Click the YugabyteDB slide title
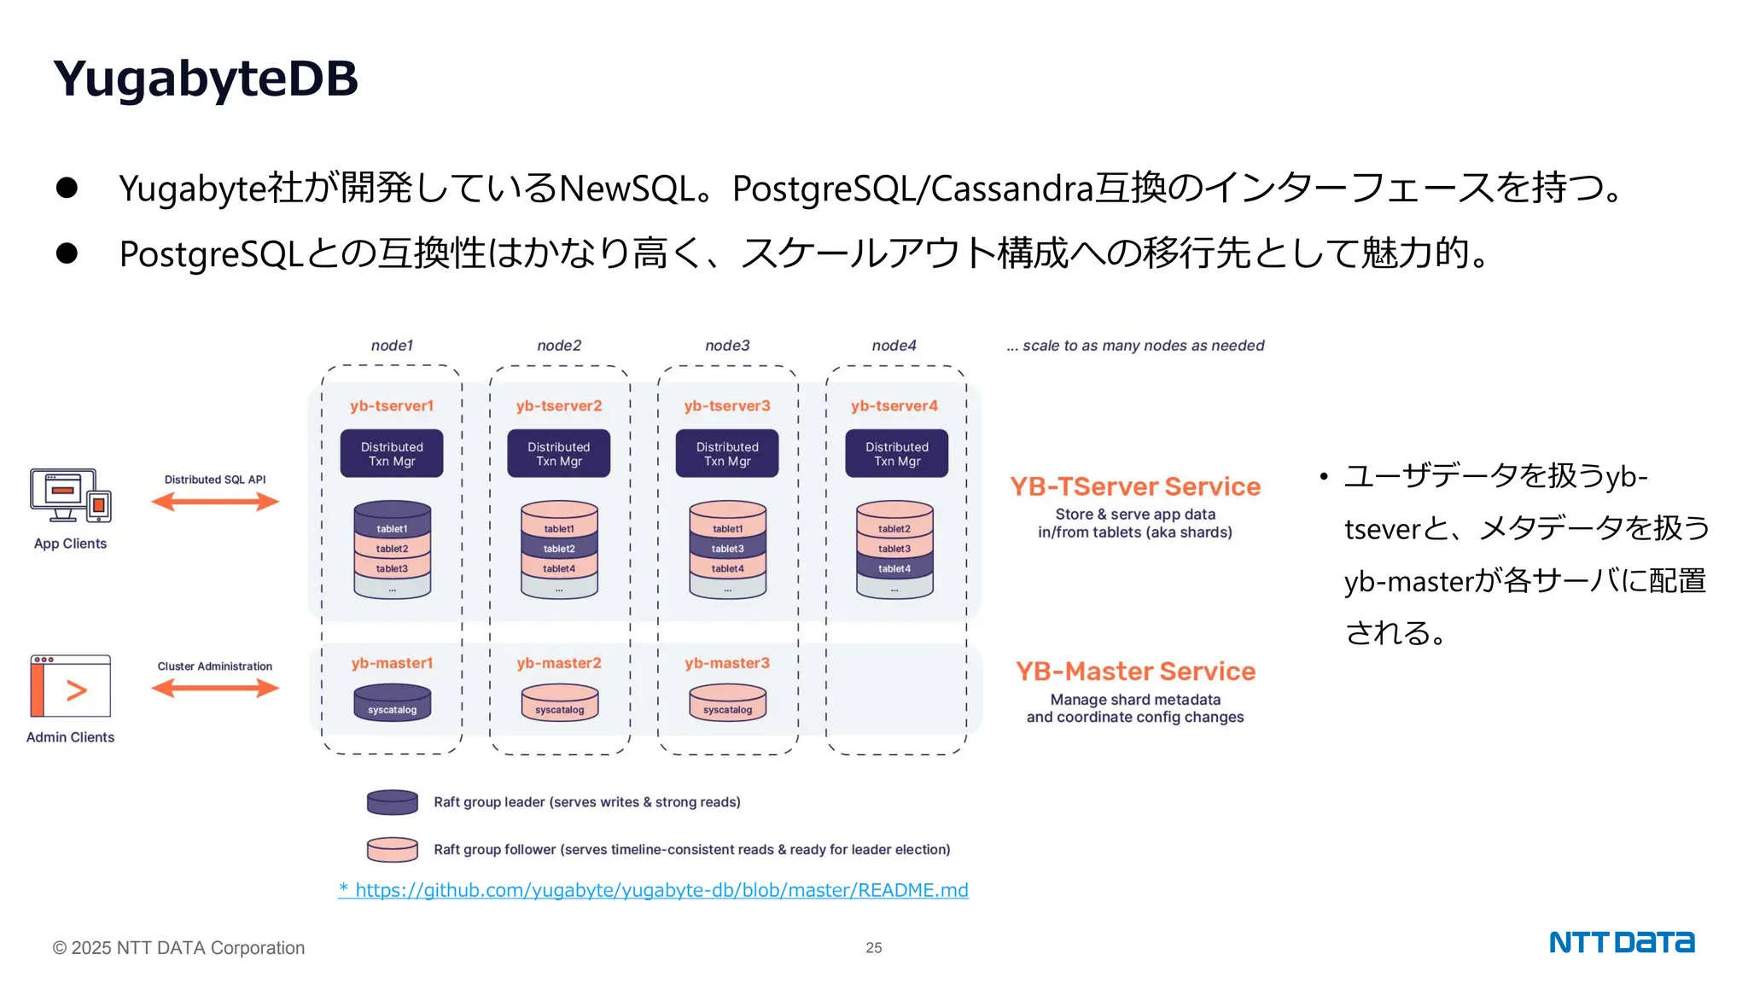(x=206, y=79)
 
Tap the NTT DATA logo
(x=1621, y=942)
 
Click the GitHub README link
(x=654, y=890)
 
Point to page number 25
(x=873, y=947)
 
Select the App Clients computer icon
(x=70, y=495)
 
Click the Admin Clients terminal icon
(x=71, y=686)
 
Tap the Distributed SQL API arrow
(x=215, y=502)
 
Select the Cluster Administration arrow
(x=215, y=688)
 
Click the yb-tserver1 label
(x=392, y=406)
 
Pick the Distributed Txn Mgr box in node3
(x=727, y=453)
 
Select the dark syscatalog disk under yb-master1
(x=392, y=704)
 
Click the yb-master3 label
(x=727, y=663)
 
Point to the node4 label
(x=894, y=346)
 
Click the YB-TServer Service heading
(x=1135, y=486)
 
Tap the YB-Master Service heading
(x=1135, y=672)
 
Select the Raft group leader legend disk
(x=392, y=802)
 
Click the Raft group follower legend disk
(x=392, y=849)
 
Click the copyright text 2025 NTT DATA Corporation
(x=178, y=947)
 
